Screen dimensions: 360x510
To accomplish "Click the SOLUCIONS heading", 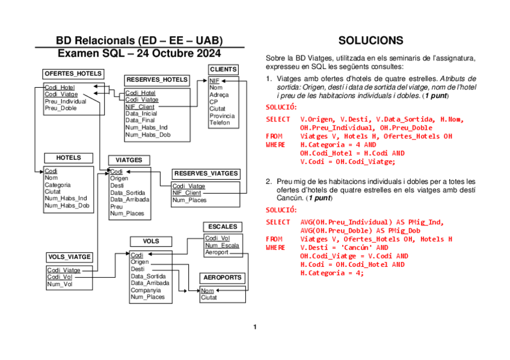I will pos(370,41).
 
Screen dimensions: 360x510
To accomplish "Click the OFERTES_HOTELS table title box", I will pos(73,74).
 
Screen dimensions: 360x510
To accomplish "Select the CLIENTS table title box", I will pos(223,70).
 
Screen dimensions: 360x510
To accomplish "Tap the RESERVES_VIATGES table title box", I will pos(206,174).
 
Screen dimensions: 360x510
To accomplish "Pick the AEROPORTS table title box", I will pos(223,278).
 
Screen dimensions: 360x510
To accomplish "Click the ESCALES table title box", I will pos(223,227).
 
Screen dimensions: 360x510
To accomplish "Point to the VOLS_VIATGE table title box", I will pos(69,257).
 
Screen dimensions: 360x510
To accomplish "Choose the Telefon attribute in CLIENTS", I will pos(220,123).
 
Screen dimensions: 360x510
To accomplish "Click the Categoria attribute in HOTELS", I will pos(58,185).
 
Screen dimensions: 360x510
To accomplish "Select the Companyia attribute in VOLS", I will pos(146,290).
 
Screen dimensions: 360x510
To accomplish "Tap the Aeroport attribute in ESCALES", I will pos(217,252).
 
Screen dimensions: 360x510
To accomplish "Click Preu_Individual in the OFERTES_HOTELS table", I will pos(66,102).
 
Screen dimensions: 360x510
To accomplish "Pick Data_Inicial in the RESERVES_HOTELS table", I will pos(141,114).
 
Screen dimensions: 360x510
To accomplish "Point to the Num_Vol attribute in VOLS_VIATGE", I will pos(59,284).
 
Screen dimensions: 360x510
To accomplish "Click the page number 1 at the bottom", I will pos(254,328).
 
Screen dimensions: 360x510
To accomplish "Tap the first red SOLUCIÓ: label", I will pos(281,107).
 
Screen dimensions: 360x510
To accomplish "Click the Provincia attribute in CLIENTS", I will pos(222,116).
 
